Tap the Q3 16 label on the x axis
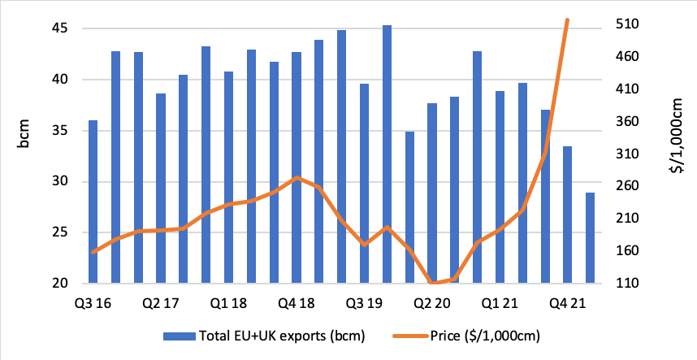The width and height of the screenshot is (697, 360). coord(93,303)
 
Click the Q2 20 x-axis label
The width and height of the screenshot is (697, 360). coord(432,303)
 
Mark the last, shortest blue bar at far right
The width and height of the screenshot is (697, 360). coord(590,238)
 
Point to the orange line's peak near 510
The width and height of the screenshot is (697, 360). coord(567,20)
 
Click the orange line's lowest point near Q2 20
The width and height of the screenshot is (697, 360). coord(432,283)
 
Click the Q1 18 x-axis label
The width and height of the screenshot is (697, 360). coord(228,303)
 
